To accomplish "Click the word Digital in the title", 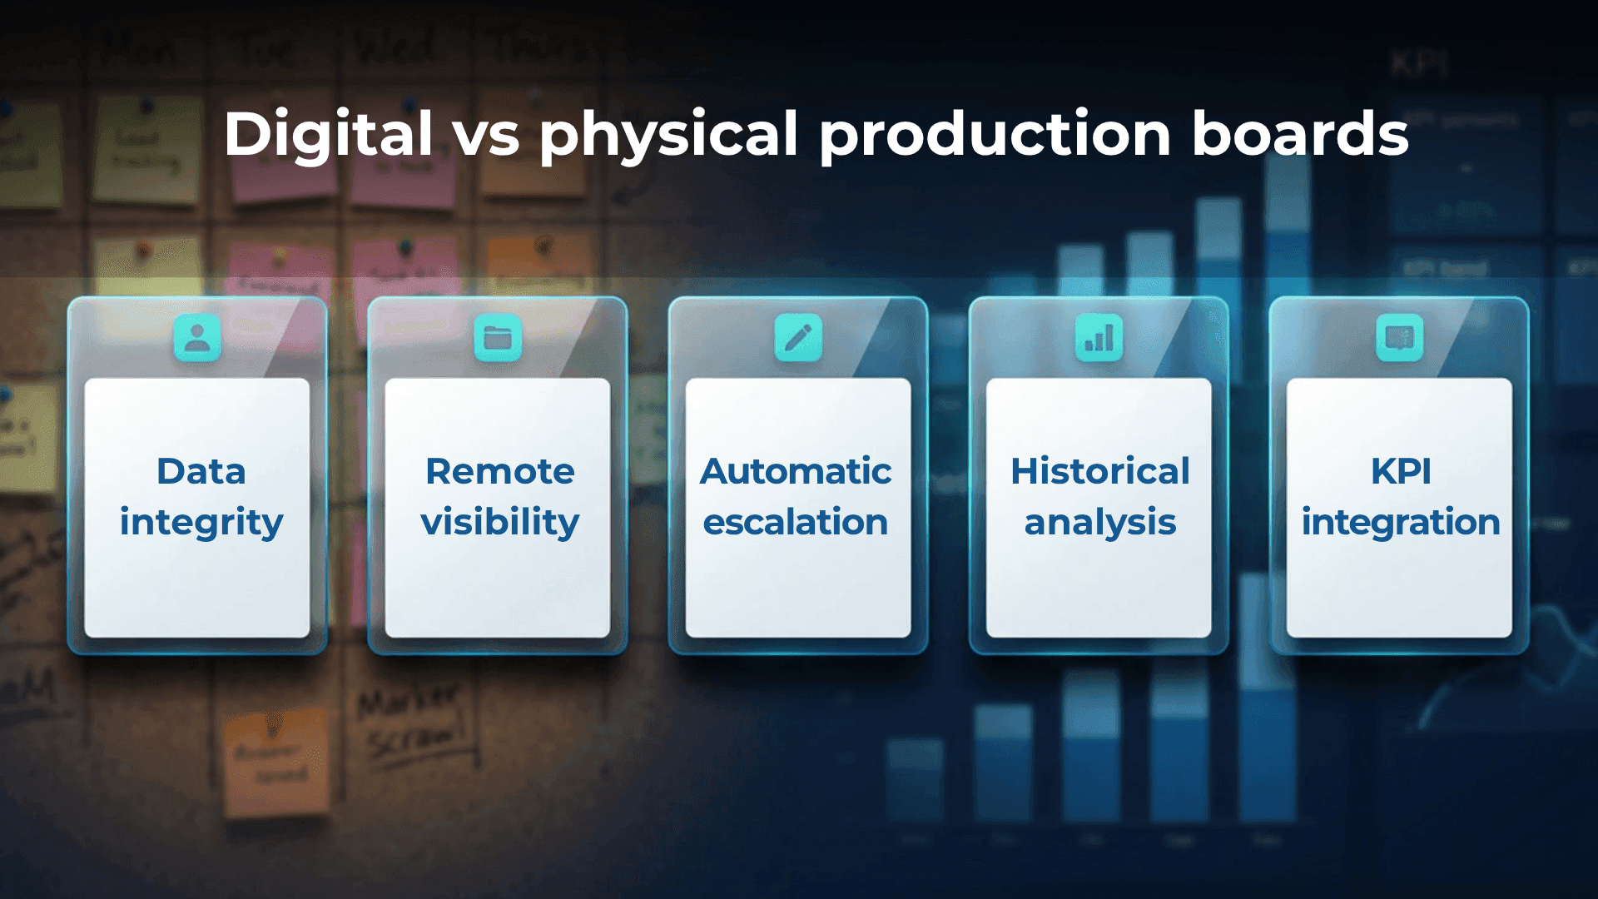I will [328, 135].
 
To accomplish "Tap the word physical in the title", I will [669, 135].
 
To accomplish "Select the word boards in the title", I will [1300, 135].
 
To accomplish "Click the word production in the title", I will [995, 135].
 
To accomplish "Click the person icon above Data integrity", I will [197, 338].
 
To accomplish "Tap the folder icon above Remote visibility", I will [498, 338].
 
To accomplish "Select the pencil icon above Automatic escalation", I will [798, 338].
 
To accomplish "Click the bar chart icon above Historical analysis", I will [1099, 338].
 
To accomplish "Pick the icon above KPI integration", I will [1399, 338].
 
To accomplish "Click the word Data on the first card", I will [201, 471].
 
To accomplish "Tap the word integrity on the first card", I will [201, 523].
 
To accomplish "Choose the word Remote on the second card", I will [499, 471].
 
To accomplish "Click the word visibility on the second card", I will [499, 523].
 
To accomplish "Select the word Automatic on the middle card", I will [796, 471].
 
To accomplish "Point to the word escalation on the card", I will [796, 523].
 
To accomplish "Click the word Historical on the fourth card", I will [1099, 471].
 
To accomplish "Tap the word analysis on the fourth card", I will [1099, 523].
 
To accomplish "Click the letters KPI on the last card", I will [1401, 471].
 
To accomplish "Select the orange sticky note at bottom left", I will [275, 762].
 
